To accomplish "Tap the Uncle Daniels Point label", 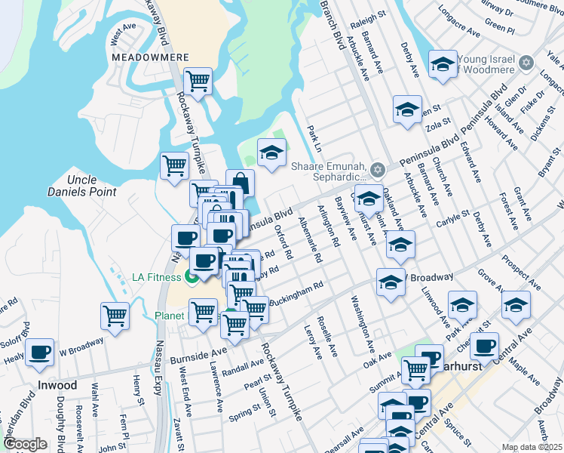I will [92, 186].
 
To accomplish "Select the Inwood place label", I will [57, 385].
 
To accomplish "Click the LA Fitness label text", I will [156, 277].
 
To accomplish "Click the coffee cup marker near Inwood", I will [39, 351].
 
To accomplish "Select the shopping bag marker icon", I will [240, 183].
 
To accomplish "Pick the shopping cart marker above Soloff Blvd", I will [115, 315].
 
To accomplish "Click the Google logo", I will [26, 444].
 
